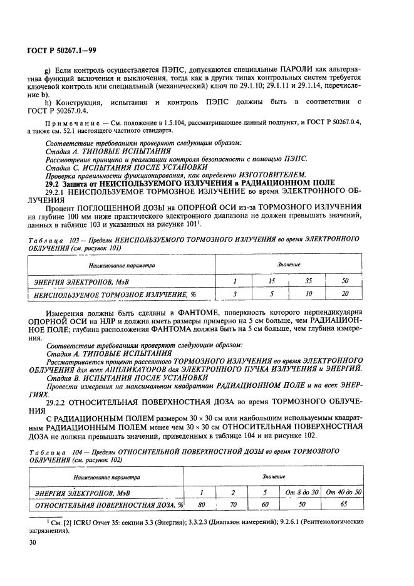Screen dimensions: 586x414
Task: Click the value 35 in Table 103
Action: coord(308,281)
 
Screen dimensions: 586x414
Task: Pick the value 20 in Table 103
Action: coord(344,293)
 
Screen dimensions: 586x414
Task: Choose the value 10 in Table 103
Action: coord(308,293)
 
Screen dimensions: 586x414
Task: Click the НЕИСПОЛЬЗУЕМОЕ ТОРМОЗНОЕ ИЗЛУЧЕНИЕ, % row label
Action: coord(115,293)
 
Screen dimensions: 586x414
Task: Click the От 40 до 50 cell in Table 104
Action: coord(344,492)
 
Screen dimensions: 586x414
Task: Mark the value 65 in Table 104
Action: coord(344,503)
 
